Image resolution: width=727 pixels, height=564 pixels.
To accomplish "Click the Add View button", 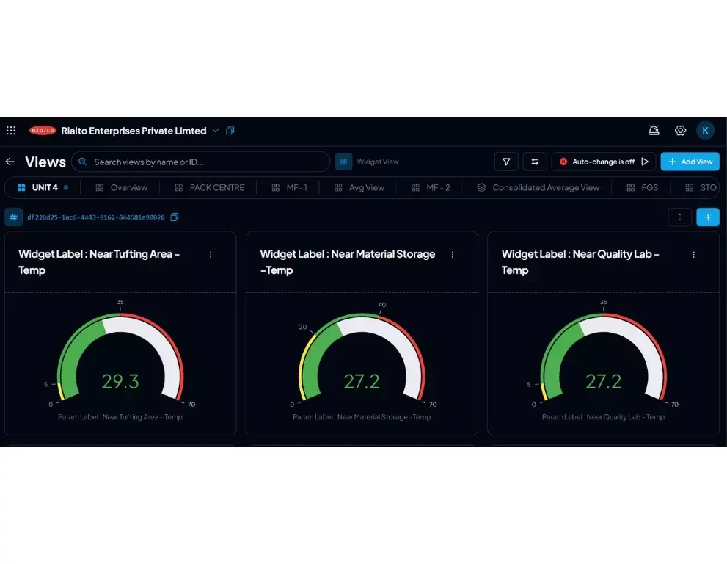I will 690,162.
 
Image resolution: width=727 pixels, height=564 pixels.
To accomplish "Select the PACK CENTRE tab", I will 210,188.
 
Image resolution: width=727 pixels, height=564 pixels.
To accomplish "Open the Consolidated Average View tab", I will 538,188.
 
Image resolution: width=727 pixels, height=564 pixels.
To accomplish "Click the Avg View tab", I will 359,188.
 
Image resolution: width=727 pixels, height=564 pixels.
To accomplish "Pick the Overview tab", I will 122,188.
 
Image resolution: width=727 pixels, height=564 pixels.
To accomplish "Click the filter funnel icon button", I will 506,162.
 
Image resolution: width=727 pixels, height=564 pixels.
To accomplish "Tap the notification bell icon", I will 654,131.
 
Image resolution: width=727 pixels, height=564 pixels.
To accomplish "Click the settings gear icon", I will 680,131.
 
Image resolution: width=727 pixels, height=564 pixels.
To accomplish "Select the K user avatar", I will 705,131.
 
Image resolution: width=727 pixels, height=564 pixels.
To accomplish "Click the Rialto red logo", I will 43,131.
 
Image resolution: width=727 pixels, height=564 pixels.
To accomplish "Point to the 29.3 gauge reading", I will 120,381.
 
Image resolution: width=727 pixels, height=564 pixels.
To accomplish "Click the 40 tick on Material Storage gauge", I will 382,305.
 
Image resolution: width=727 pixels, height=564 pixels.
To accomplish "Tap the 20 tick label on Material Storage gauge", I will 302,327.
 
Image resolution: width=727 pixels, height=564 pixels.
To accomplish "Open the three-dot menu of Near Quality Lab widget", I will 693,255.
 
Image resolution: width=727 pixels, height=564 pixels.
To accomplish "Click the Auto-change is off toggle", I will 604,162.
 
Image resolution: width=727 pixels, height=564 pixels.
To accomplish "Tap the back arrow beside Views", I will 10,162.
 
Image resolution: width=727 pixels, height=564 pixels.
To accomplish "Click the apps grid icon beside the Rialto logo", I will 11,131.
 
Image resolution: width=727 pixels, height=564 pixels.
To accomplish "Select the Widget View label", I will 377,162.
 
